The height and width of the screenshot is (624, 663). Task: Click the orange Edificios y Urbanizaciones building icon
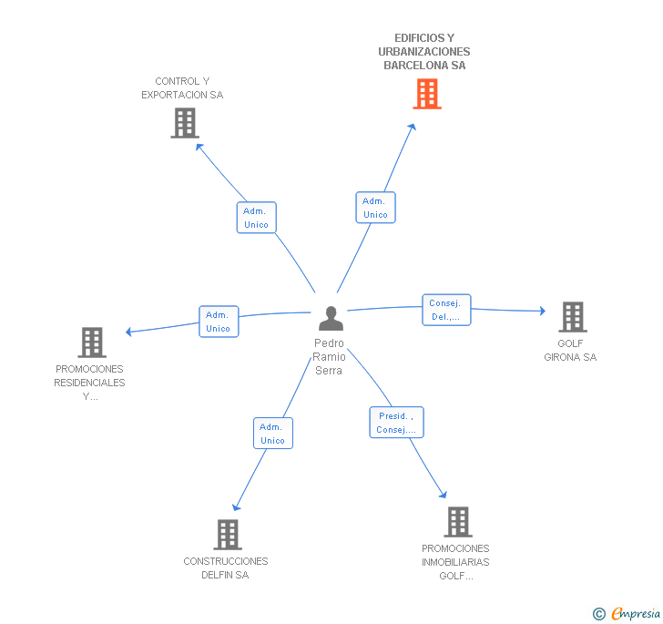pyautogui.click(x=426, y=94)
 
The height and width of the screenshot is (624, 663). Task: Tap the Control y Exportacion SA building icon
pyautogui.click(x=184, y=123)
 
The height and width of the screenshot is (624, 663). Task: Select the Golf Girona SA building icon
pyautogui.click(x=572, y=317)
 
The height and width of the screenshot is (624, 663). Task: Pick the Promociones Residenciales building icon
pyautogui.click(x=91, y=343)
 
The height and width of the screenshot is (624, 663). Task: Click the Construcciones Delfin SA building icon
pyautogui.click(x=227, y=534)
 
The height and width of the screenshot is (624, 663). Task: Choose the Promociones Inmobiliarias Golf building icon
pyautogui.click(x=457, y=522)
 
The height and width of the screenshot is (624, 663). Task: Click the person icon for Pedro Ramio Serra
pyautogui.click(x=331, y=319)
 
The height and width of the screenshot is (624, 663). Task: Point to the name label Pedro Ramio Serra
pyautogui.click(x=329, y=357)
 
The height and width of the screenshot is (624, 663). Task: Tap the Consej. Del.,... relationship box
pyautogui.click(x=446, y=311)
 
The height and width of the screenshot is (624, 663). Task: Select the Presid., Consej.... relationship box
pyautogui.click(x=396, y=423)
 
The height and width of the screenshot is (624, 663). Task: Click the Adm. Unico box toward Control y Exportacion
pyautogui.click(x=256, y=218)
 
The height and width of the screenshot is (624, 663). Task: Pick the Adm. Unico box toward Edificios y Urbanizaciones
pyautogui.click(x=375, y=208)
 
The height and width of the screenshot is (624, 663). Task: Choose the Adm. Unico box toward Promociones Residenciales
pyautogui.click(x=219, y=322)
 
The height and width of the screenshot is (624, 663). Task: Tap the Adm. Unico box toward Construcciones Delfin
pyautogui.click(x=272, y=434)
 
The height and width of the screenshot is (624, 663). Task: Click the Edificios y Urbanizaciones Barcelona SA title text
pyautogui.click(x=424, y=52)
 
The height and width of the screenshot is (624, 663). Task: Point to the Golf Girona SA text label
pyautogui.click(x=570, y=351)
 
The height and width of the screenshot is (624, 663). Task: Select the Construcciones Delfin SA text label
pyautogui.click(x=226, y=568)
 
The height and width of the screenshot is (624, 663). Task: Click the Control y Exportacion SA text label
pyautogui.click(x=182, y=88)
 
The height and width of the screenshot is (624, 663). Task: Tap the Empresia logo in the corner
pyautogui.click(x=627, y=613)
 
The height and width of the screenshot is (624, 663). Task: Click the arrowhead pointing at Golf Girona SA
pyautogui.click(x=541, y=312)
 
